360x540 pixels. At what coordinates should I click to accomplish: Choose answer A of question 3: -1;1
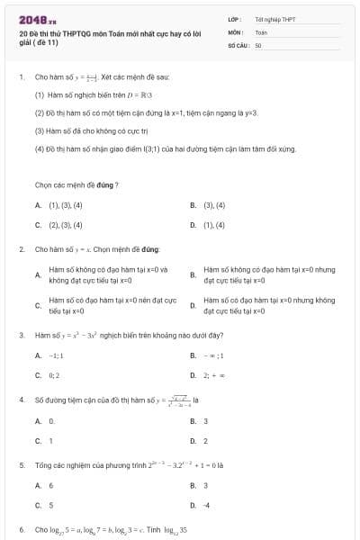(x=56, y=355)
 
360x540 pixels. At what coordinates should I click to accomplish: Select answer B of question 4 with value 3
(x=206, y=421)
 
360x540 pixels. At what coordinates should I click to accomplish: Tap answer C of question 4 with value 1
(x=50, y=441)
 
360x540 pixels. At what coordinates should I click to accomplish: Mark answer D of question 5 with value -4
(x=207, y=505)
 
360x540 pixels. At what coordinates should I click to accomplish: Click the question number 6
(x=21, y=529)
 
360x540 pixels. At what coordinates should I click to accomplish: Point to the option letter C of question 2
(x=38, y=305)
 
